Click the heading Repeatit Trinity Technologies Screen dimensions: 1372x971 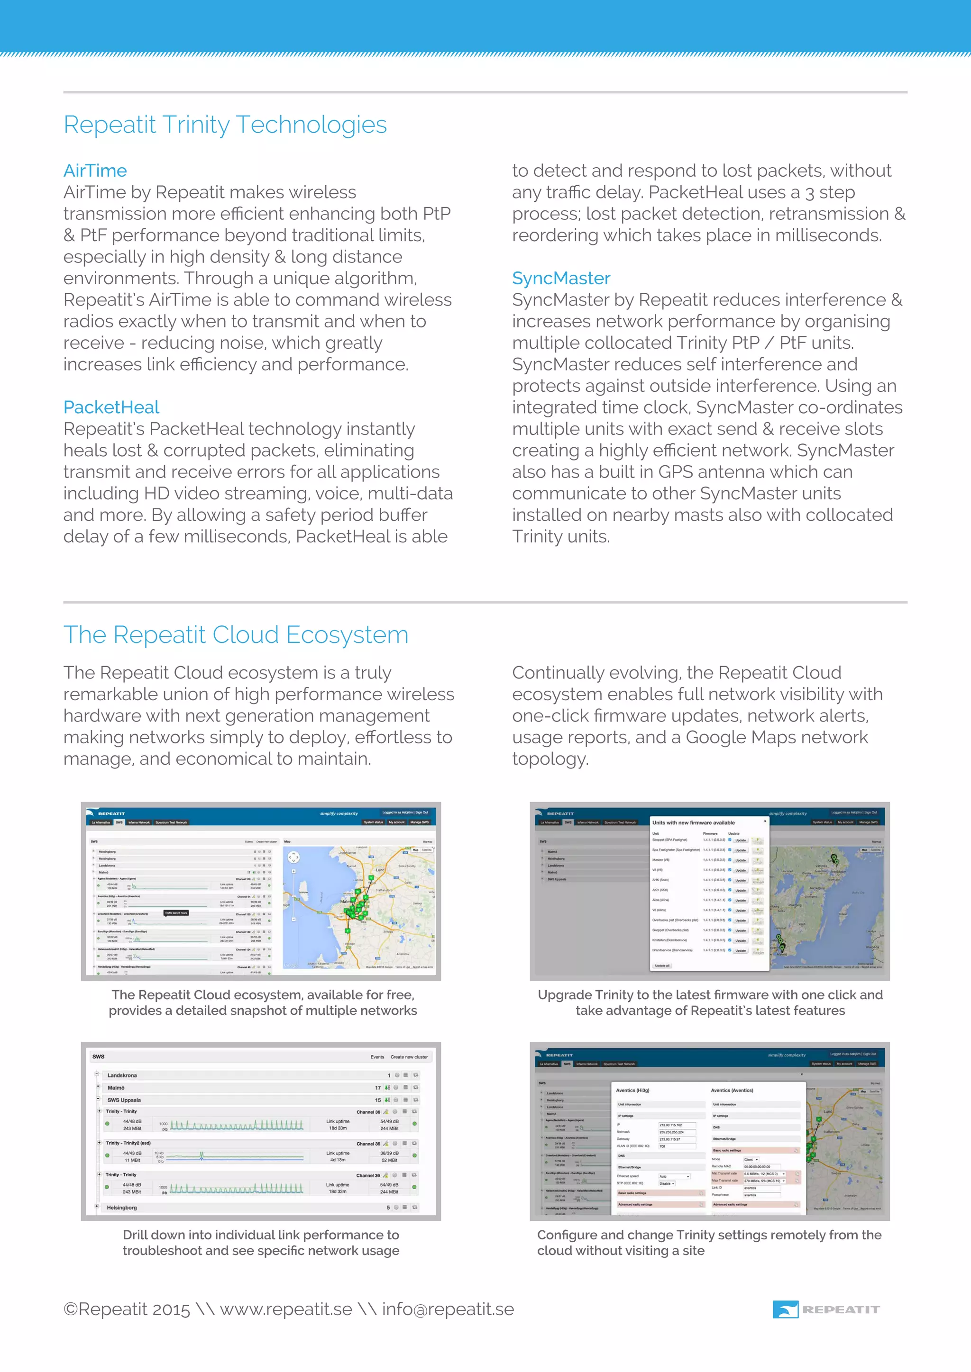225,125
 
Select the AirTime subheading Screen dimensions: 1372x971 95,171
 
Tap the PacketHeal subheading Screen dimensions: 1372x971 111,407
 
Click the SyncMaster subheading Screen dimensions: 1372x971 561,279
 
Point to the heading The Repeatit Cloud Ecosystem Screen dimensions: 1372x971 236,635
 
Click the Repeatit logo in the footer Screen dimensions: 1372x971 826,1309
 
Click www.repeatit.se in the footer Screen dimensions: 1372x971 286,1309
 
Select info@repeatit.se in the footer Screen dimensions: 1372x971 448,1309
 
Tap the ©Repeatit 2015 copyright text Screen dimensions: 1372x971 126,1309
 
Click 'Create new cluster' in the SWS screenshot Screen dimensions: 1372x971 409,1056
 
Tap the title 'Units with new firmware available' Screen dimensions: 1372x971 693,823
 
